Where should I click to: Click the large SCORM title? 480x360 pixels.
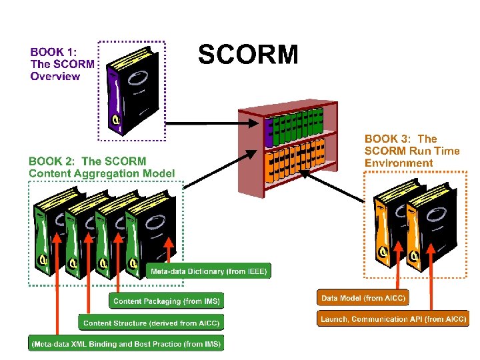(248, 55)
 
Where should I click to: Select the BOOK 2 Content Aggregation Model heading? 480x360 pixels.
(101, 167)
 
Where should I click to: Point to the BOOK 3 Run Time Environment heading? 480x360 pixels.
(412, 151)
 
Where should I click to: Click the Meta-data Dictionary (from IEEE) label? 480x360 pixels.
(209, 271)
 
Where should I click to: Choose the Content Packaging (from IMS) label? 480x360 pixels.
(167, 301)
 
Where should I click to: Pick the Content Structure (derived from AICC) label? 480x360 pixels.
(151, 323)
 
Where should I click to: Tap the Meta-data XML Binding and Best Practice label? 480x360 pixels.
(126, 344)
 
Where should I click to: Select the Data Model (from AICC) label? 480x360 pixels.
(363, 298)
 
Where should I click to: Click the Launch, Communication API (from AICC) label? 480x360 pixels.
(393, 319)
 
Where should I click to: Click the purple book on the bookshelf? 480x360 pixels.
(269, 132)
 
